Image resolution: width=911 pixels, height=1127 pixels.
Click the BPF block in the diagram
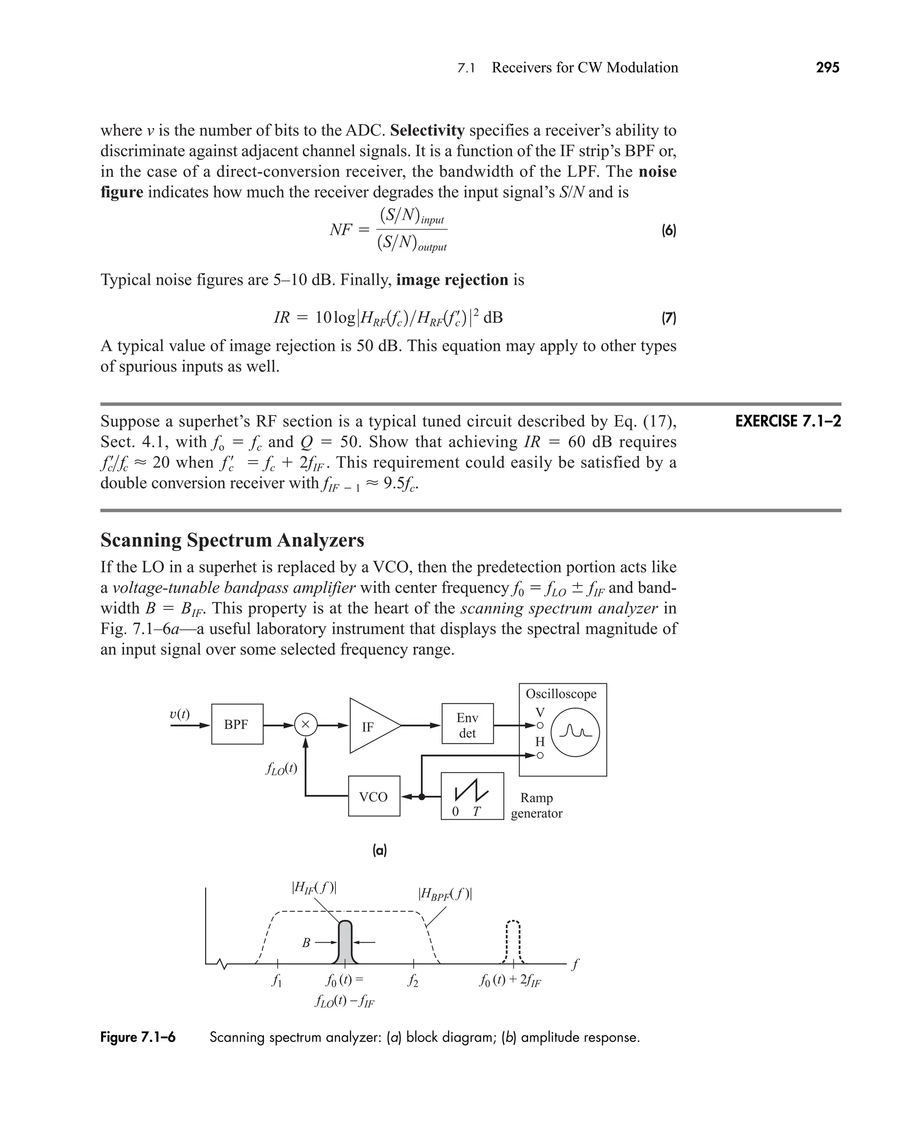[x=237, y=724]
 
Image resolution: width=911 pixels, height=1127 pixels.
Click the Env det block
[x=467, y=724]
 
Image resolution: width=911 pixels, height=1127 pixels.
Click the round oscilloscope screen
[x=575, y=732]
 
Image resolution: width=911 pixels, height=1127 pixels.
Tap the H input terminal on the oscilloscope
[x=540, y=755]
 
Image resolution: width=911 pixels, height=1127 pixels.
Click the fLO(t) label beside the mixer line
[x=281, y=769]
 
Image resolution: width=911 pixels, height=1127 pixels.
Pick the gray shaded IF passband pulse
[x=345, y=943]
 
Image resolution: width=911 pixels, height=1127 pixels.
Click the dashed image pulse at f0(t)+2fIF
[x=513, y=943]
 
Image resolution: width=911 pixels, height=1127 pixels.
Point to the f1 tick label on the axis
[x=277, y=981]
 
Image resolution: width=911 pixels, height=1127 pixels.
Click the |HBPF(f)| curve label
[x=445, y=894]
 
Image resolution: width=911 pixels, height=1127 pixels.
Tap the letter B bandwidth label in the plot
[x=306, y=943]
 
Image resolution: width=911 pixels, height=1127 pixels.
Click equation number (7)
[x=668, y=317]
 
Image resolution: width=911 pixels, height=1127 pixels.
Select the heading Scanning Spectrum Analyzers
[x=232, y=540]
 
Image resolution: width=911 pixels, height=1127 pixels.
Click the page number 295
[x=827, y=68]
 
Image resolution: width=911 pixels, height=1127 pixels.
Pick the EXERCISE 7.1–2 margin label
[x=788, y=421]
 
